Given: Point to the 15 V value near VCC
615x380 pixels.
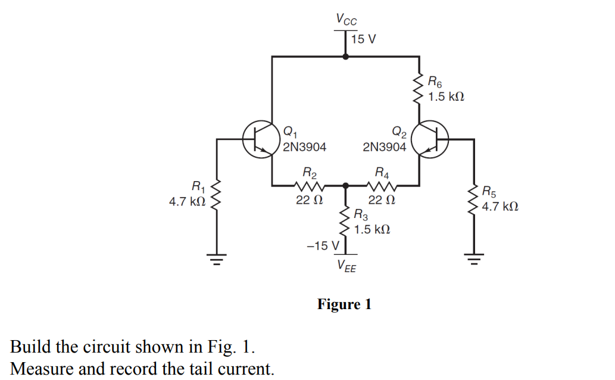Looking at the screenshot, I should coord(363,39).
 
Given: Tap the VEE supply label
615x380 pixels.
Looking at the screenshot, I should coord(346,266).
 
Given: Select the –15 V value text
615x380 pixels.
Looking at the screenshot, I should coord(321,245).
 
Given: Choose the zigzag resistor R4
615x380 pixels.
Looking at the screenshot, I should coord(382,185).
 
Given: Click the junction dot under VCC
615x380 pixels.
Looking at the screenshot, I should coord(346,57).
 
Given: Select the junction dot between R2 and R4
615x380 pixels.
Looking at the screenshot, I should coord(346,186).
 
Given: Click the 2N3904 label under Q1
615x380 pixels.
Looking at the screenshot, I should coord(304,147).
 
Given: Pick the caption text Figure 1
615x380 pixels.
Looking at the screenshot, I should coord(344,305).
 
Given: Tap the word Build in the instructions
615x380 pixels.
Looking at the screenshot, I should coord(28,347).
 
